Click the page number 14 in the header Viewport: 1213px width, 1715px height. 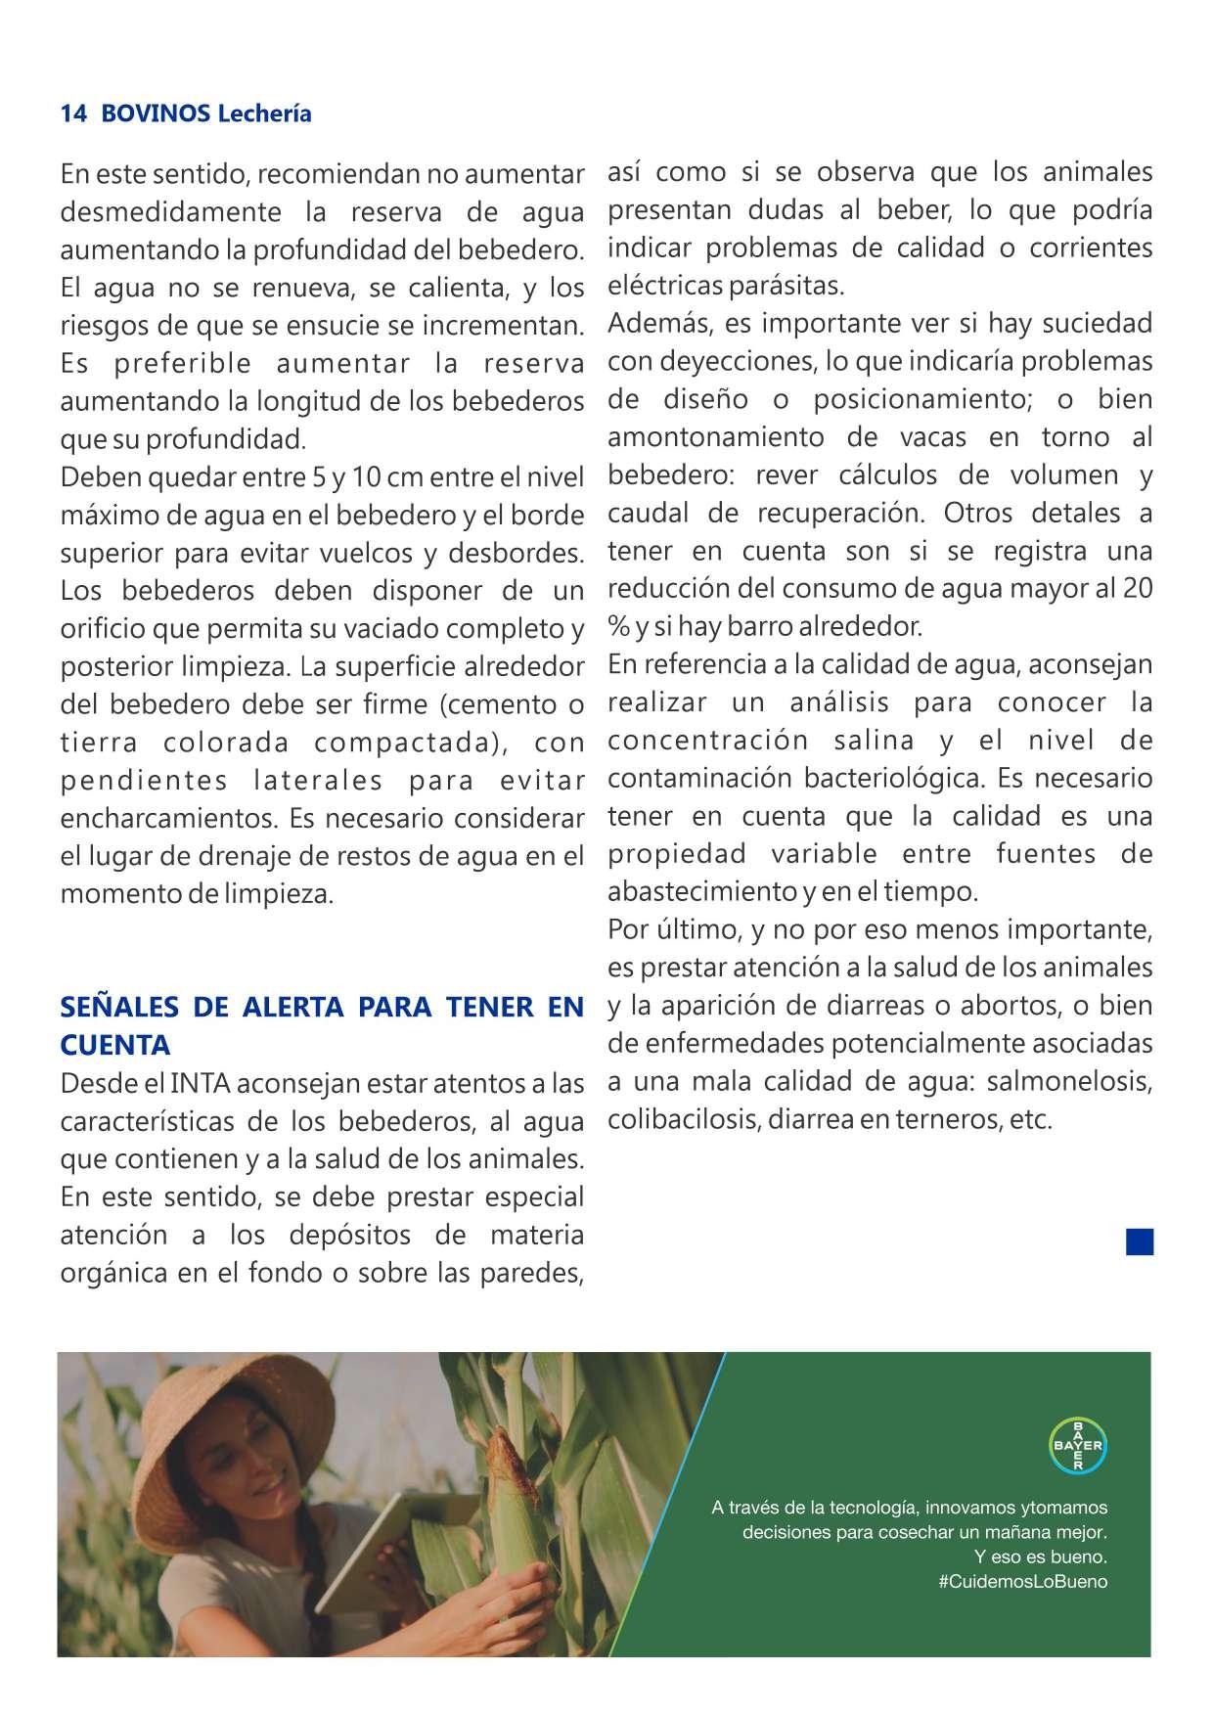coord(73,113)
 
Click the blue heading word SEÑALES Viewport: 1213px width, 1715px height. coord(119,1007)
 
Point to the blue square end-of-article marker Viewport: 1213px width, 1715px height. coord(1140,1241)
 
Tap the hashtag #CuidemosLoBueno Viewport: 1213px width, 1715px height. coord(1022,1581)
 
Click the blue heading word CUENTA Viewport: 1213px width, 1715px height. coord(115,1045)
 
